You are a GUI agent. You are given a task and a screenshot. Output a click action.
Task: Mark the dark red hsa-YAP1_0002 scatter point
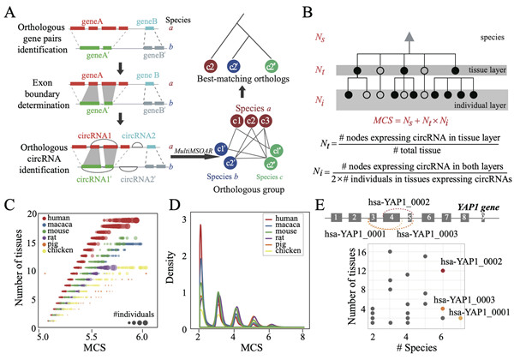coord(443,269)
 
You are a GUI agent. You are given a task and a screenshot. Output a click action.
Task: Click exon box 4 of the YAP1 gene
coord(391,218)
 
